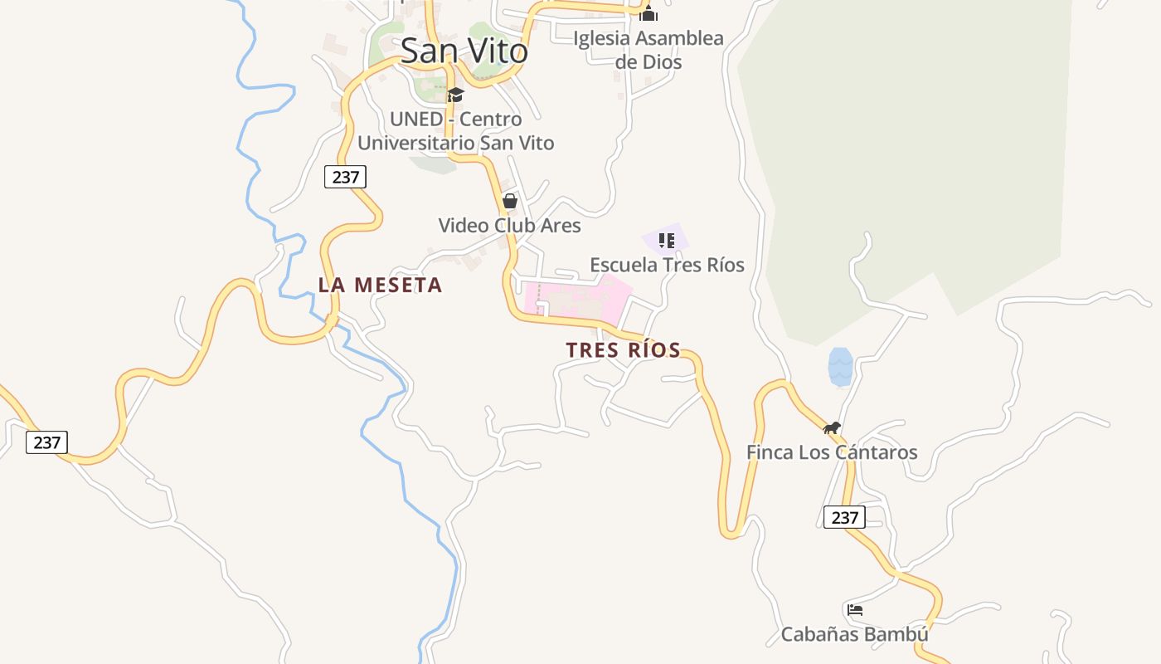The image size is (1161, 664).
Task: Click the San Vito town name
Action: [464, 51]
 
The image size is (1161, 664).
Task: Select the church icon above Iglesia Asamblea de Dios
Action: [649, 13]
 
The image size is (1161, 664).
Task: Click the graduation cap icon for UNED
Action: [455, 95]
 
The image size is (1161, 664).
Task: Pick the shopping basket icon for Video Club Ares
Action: [510, 201]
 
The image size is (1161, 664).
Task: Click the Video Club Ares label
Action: [509, 225]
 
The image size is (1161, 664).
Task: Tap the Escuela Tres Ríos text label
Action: [667, 265]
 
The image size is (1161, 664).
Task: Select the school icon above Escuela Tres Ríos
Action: [666, 241]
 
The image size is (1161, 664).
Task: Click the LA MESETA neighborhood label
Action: [380, 285]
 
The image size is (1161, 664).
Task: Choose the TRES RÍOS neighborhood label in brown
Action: [623, 350]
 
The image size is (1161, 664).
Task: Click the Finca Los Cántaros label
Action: [832, 452]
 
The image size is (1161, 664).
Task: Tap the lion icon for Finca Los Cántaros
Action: [832, 427]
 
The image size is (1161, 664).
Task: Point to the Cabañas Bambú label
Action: [854, 635]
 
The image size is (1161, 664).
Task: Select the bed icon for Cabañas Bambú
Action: [855, 610]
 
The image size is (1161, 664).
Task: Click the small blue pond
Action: [840, 367]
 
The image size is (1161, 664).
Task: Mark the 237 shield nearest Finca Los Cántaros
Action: [844, 517]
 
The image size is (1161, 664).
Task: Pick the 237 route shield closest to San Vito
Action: [345, 177]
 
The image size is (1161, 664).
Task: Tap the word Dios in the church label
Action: [661, 62]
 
